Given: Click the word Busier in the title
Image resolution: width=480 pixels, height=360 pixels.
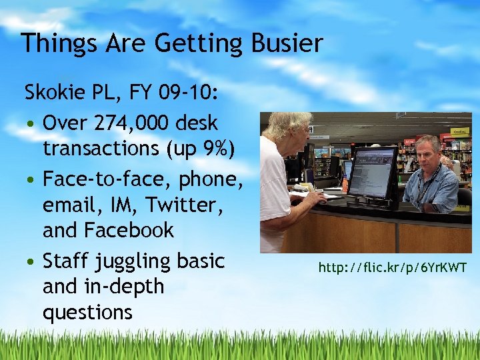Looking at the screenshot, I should [288, 44].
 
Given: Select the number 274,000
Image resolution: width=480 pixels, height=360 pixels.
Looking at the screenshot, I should [143, 123].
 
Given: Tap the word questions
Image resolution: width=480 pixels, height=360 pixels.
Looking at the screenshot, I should [87, 312].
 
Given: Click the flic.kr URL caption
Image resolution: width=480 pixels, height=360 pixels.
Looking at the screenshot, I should [393, 268].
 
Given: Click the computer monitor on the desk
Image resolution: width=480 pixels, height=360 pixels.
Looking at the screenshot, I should [373, 173].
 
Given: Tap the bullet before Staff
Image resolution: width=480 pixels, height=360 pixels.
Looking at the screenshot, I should [31, 261].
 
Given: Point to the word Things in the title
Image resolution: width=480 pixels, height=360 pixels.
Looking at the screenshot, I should [58, 44].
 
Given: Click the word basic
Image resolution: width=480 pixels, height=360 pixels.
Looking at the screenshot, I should [201, 261].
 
